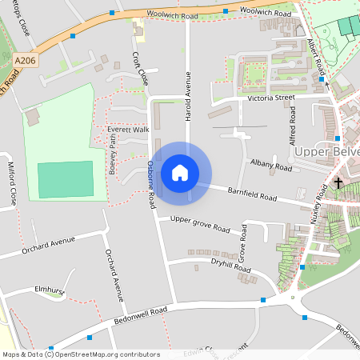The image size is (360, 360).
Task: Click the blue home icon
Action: click(180, 172)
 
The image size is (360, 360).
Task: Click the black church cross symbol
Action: click(338, 183)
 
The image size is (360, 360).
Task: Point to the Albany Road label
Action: click(271, 165)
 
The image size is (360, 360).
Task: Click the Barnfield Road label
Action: click(251, 194)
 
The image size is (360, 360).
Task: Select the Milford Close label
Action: click(13, 182)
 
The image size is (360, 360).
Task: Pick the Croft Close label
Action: click(140, 68)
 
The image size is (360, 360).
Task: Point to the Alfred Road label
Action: click(292, 127)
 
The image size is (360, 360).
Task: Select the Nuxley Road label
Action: click(323, 203)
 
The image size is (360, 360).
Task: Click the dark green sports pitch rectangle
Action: click(66, 179)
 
